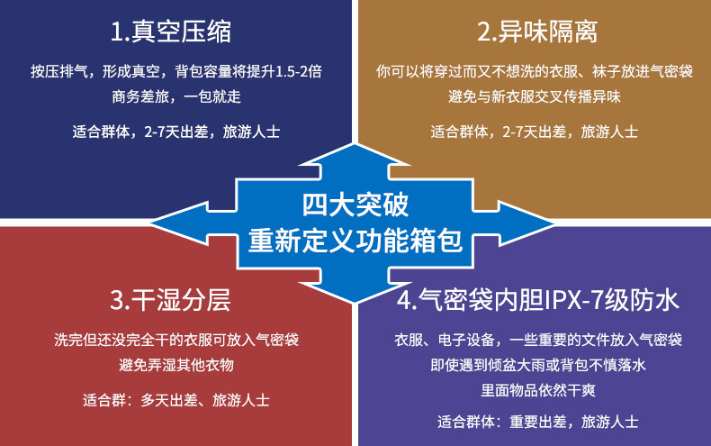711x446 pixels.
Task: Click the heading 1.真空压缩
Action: pyautogui.click(x=171, y=33)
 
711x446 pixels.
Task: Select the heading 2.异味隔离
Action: pyautogui.click(x=537, y=33)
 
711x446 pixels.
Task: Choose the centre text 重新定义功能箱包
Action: pyautogui.click(x=355, y=241)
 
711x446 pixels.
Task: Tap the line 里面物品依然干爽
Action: pyautogui.click(x=537, y=391)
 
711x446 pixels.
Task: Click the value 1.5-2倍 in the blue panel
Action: pyautogui.click(x=296, y=70)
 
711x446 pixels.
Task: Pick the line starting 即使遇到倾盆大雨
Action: pyautogui.click(x=537, y=366)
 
